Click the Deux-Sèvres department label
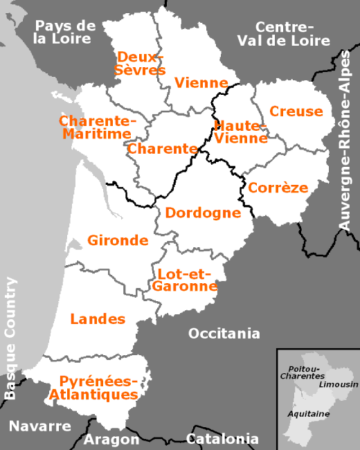[x=141, y=63]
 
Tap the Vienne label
[x=201, y=83]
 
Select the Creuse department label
[x=296, y=111]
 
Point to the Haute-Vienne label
[x=241, y=132]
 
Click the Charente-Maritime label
[x=98, y=127]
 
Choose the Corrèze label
[x=278, y=187]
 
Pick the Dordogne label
[x=204, y=213]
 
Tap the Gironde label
[x=118, y=240]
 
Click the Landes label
[x=98, y=319]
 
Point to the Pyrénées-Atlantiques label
[x=99, y=388]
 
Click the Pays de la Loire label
[x=64, y=33]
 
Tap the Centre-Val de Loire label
[x=283, y=33]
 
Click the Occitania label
[x=224, y=334]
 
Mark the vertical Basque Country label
[x=10, y=338]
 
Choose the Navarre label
[x=40, y=426]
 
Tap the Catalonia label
[x=222, y=439]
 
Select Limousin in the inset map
[x=339, y=384]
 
